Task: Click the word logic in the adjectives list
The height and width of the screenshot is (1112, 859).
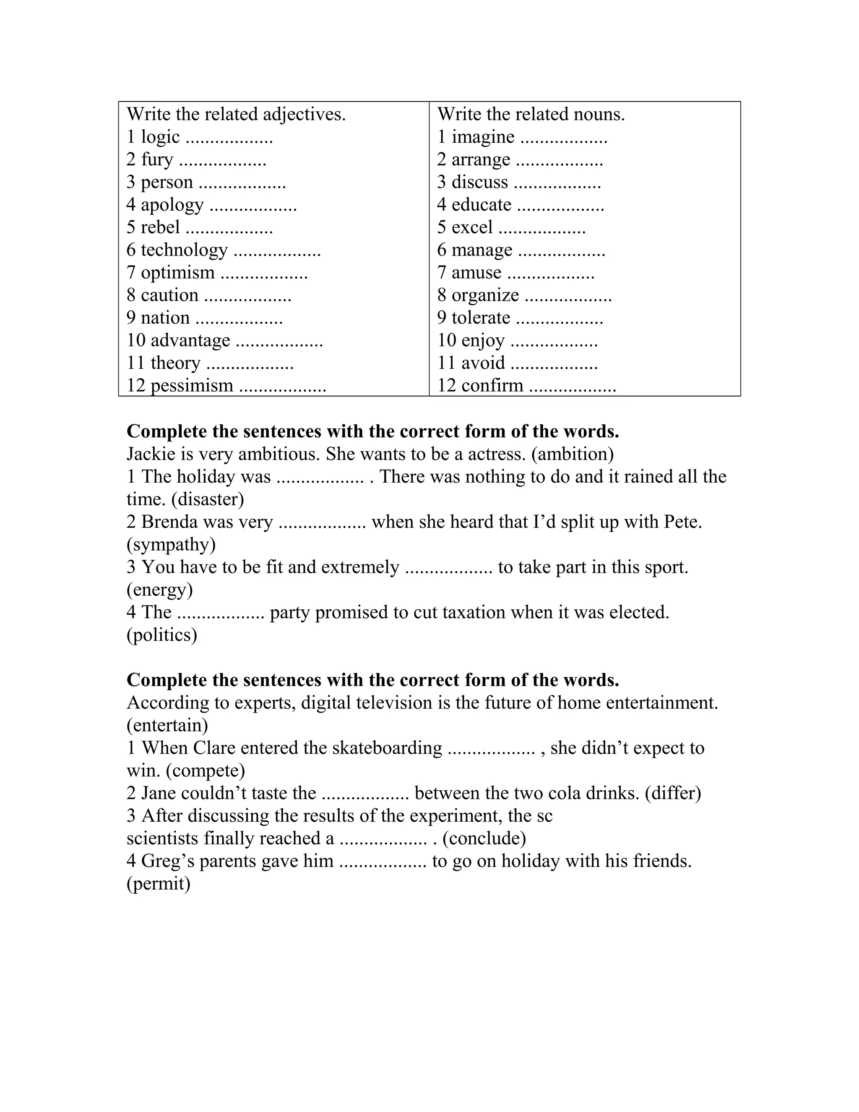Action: pos(160,137)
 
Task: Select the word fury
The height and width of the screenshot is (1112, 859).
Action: pos(157,160)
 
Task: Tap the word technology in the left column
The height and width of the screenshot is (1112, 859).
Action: pos(184,250)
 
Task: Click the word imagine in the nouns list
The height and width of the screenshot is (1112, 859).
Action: pos(483,137)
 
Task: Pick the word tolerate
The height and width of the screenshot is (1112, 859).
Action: pos(480,318)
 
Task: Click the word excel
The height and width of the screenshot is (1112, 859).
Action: pos(472,227)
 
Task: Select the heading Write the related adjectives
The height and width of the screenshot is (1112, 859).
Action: pos(236,114)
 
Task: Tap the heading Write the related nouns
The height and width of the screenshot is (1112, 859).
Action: pos(531,114)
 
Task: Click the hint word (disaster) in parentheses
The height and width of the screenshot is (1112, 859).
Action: pos(208,499)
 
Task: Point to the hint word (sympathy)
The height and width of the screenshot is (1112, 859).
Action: pos(171,544)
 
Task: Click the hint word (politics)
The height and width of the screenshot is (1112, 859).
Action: pos(162,635)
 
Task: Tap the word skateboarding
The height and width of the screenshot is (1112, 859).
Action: pos(387,748)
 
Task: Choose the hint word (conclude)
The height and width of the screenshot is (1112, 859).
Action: pos(484,838)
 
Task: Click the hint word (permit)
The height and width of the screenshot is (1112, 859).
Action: pos(158,883)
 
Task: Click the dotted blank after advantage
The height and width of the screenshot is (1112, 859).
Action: pos(279,341)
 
